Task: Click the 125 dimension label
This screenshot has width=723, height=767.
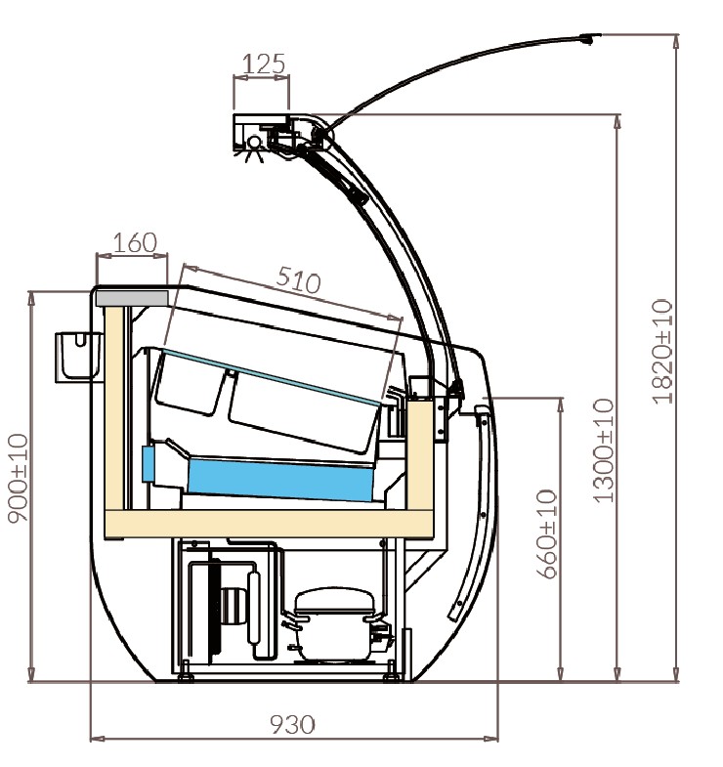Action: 262,64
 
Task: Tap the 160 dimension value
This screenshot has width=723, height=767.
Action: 134,241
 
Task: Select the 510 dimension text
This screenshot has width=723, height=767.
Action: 297,280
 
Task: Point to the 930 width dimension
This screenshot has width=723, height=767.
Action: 292,724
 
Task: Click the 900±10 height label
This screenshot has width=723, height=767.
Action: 19,478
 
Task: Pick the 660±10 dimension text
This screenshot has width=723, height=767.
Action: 547,533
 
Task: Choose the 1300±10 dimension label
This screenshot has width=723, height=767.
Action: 603,450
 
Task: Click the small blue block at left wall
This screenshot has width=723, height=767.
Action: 149,464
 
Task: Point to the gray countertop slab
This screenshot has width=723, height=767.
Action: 131,295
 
